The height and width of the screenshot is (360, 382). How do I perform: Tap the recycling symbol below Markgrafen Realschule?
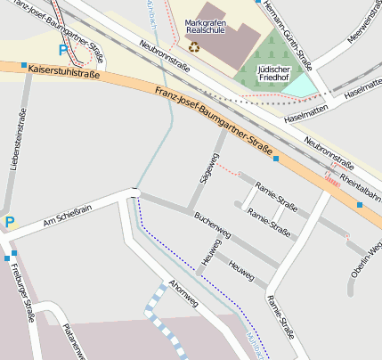pyautogui.click(x=194, y=46)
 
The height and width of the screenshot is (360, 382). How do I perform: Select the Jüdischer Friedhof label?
pyautogui.click(x=272, y=73)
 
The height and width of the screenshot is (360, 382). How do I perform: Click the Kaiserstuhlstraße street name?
pyautogui.click(x=63, y=69)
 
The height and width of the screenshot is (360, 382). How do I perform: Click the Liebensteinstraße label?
pyautogui.click(x=15, y=139)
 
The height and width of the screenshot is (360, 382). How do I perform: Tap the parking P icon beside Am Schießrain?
pyautogui.click(x=9, y=222)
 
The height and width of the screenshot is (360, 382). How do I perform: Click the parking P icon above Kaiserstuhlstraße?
pyautogui.click(x=62, y=51)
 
